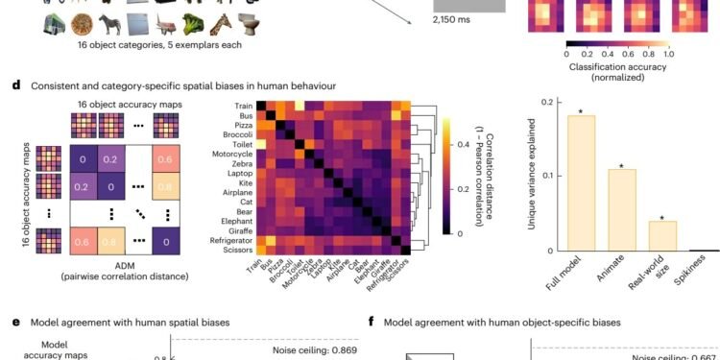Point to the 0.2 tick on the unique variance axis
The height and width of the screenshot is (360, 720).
pos(545,102)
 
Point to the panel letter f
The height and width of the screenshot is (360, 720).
pos(372,323)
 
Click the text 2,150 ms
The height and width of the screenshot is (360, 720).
pos(427,20)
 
